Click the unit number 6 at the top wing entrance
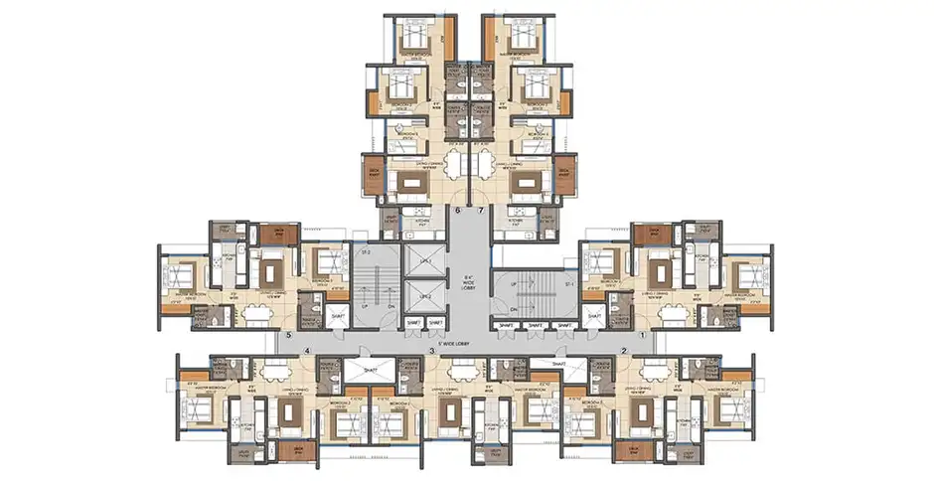pos(458,212)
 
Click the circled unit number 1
pos(642,337)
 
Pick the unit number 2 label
pos(623,351)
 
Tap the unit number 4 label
pos(308,351)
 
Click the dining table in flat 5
pos(255,313)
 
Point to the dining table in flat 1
pos(678,313)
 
